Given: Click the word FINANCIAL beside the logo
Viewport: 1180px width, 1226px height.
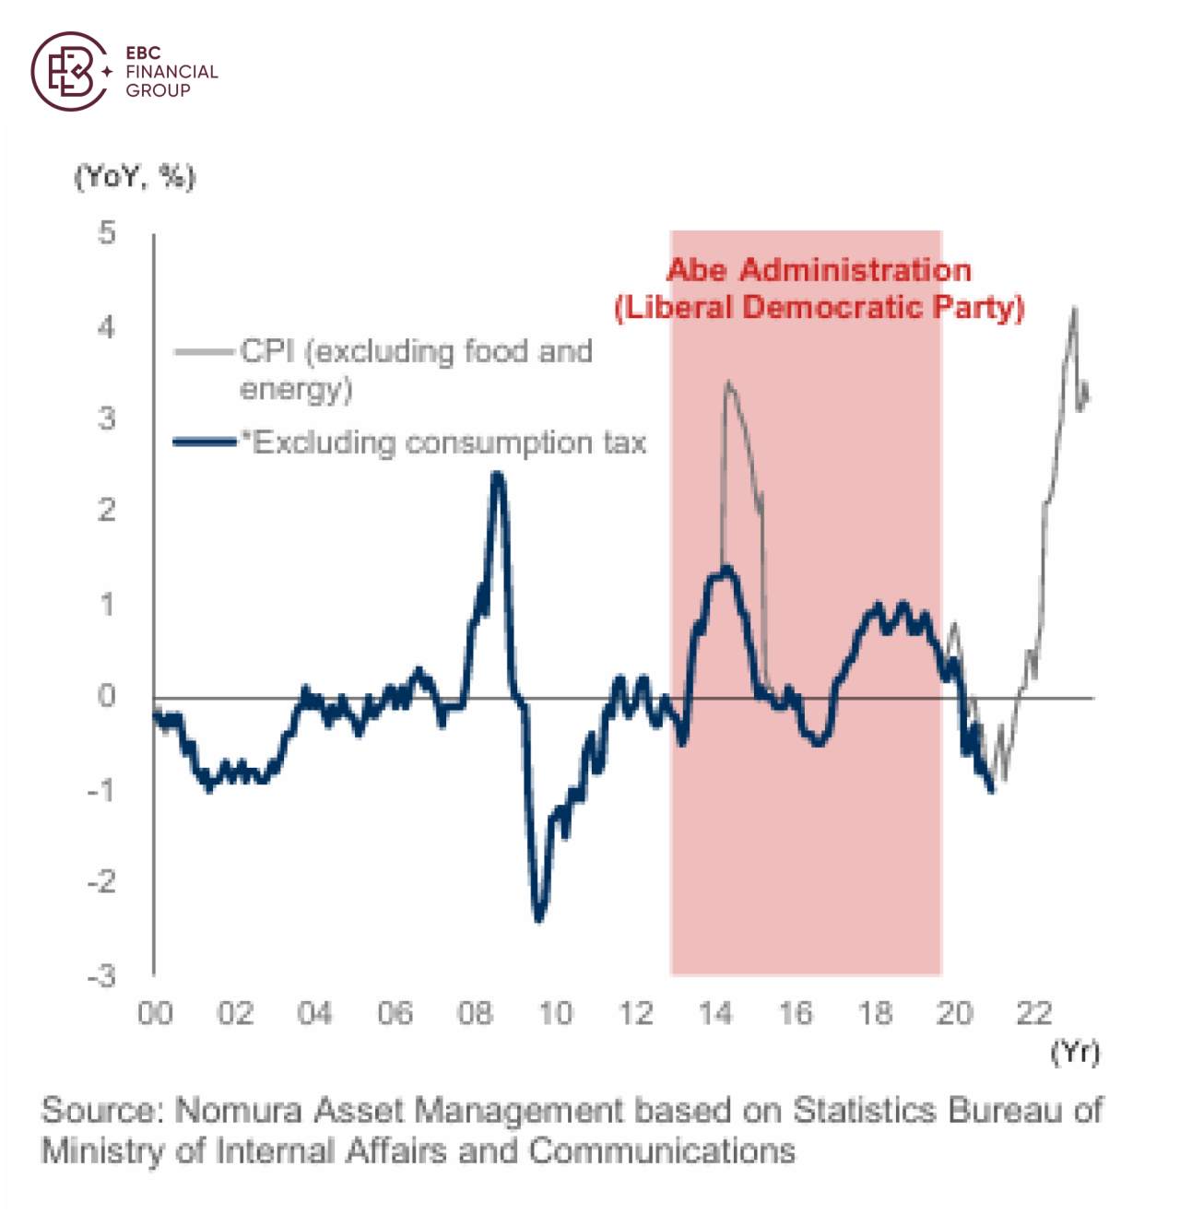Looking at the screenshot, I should click(x=171, y=72).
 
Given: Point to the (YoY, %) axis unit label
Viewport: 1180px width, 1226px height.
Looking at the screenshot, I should click(x=135, y=176).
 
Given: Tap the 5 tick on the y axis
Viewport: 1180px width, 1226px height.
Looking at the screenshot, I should click(x=108, y=232).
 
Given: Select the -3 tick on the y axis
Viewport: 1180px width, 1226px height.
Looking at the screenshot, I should click(x=102, y=975).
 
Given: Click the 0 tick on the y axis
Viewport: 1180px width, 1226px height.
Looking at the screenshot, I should click(x=107, y=697).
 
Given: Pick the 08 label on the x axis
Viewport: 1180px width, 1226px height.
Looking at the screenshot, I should click(x=475, y=1013).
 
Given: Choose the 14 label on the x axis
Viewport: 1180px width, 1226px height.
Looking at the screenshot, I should click(x=715, y=1013).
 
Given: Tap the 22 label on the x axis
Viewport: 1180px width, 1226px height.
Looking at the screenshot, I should click(x=1034, y=1013).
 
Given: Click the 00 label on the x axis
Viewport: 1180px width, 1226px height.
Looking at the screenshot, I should click(x=155, y=1013).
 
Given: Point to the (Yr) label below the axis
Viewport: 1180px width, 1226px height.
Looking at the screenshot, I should click(x=1075, y=1052).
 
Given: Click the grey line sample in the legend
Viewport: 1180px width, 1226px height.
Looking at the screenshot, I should click(x=205, y=351).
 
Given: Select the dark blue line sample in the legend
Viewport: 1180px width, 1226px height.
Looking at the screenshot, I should click(x=205, y=442).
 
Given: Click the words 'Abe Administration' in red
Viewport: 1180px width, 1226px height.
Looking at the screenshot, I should click(x=819, y=270).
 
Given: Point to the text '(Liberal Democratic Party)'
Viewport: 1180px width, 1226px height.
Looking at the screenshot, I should click(x=819, y=307).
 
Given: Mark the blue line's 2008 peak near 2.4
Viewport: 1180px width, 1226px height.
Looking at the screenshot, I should click(x=498, y=476).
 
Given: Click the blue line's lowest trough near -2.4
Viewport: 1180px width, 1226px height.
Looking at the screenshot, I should click(x=539, y=917).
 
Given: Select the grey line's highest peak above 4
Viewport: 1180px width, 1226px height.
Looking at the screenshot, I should click(x=1073, y=310).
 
